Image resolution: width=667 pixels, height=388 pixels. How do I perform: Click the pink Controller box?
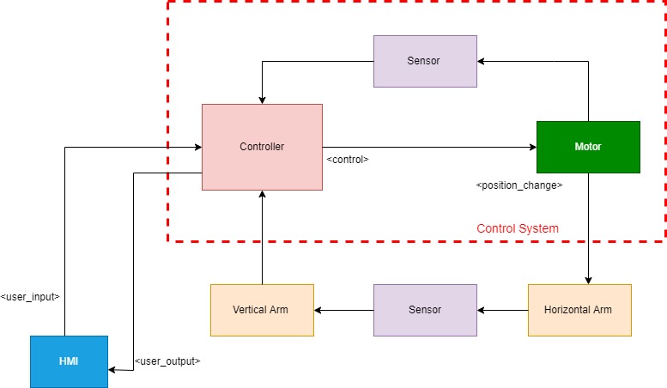point(262,147)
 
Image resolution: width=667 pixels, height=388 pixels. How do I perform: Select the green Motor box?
point(588,147)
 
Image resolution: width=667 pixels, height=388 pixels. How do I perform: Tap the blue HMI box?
point(69,361)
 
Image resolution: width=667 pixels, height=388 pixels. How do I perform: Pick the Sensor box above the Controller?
point(425,61)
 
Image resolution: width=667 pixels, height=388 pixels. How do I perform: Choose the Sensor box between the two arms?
point(425,310)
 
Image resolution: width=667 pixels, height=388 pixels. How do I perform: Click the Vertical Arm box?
point(262,310)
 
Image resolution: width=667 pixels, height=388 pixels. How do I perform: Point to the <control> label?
point(348,159)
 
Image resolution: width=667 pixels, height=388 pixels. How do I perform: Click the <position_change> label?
point(519,185)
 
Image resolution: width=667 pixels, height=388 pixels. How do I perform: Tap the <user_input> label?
point(30,296)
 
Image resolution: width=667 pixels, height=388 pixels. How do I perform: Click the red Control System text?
point(518,228)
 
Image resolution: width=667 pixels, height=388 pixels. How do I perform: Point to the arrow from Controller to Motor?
point(429,147)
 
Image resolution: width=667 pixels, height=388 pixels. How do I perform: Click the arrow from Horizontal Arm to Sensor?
point(502,310)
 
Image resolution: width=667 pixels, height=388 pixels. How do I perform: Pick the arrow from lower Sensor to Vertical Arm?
point(343,310)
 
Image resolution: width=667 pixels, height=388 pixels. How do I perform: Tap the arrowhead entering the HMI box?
point(112,370)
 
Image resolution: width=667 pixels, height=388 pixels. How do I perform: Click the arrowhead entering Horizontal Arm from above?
point(588,280)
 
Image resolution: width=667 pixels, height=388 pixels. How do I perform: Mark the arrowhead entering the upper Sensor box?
point(482,61)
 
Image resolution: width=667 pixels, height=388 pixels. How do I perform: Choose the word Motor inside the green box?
point(588,147)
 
